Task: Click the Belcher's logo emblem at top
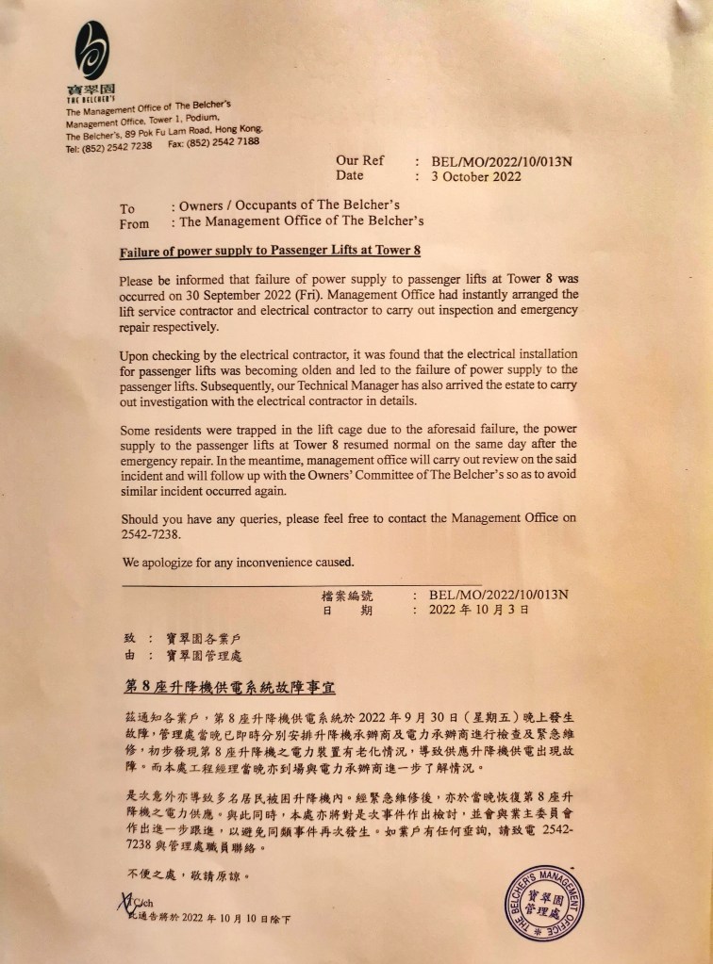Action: click(x=92, y=51)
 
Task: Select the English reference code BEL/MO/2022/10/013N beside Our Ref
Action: click(x=501, y=161)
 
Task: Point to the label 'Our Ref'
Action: click(x=359, y=161)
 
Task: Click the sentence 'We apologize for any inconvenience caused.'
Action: click(x=238, y=563)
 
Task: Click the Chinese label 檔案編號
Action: click(x=348, y=596)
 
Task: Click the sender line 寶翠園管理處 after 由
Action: click(x=203, y=656)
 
